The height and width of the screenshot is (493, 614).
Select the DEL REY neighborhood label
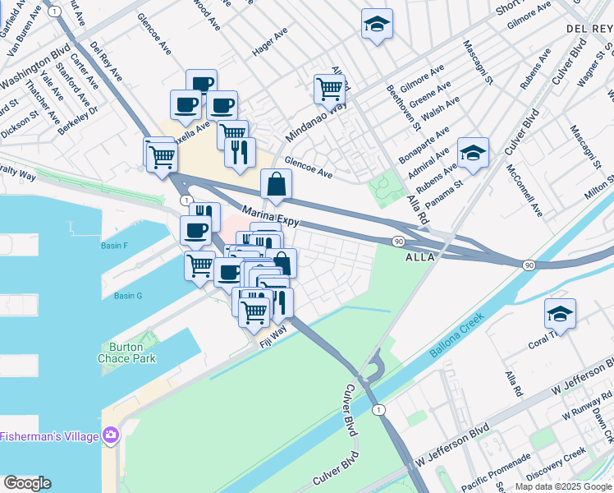click(589, 29)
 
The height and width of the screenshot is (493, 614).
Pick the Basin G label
click(128, 296)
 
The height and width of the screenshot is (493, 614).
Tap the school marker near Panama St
click(472, 154)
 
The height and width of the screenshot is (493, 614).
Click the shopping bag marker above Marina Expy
click(277, 186)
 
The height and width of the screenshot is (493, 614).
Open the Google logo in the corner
click(27, 483)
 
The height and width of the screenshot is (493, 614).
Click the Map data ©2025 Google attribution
click(562, 486)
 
